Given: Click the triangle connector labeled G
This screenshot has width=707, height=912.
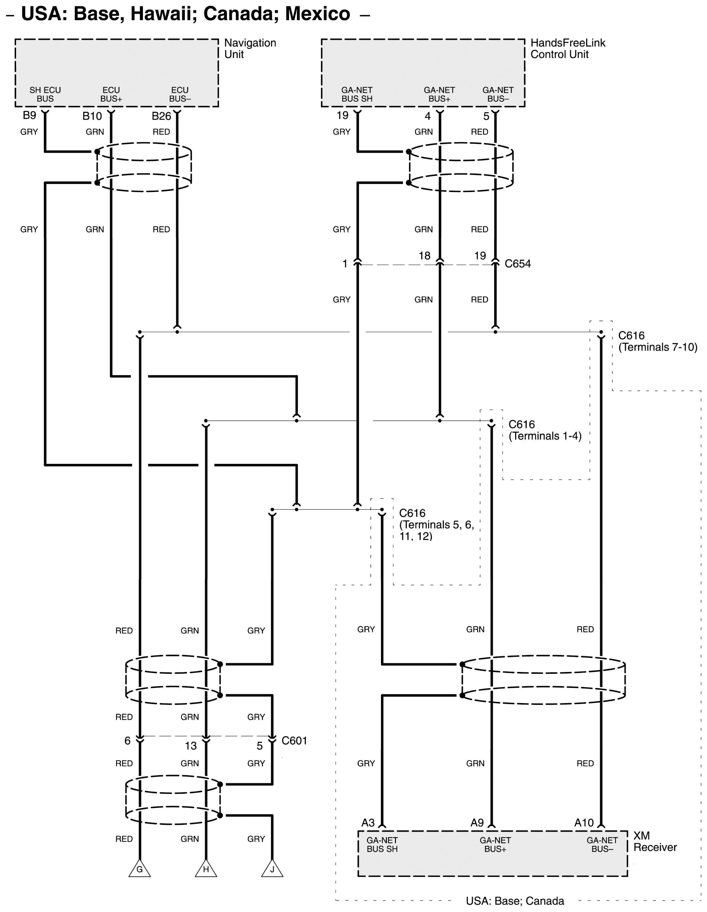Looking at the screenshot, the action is pos(139,869).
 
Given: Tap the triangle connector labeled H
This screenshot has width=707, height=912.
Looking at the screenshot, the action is pos(206,869).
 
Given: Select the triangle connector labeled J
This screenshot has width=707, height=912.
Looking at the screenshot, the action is pos(272,869).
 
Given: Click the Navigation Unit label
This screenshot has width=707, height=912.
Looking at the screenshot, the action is pos(250,48).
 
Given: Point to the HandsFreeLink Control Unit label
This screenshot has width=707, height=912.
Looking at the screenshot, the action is pos(568,48).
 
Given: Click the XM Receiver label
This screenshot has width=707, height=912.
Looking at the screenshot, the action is pos(655,841).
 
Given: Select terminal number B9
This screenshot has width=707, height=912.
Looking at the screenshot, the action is pos(29,115).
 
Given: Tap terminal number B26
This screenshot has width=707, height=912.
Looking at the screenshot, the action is pos(161,116).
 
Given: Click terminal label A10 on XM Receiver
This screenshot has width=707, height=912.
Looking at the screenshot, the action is pos(584,823).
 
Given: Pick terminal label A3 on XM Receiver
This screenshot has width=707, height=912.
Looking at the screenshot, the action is pos(368,823).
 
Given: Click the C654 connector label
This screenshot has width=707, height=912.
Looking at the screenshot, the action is pos(518,264).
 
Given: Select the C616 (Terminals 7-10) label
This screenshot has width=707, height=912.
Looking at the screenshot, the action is pos(658,341).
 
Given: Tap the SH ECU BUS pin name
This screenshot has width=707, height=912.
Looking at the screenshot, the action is pos(45,94).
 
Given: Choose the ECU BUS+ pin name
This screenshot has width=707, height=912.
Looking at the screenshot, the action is pos(111,94).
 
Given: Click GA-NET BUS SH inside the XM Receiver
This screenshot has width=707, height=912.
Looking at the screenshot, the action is pos(382,844).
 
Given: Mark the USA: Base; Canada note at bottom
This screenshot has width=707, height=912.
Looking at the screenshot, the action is pos(515,901).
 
